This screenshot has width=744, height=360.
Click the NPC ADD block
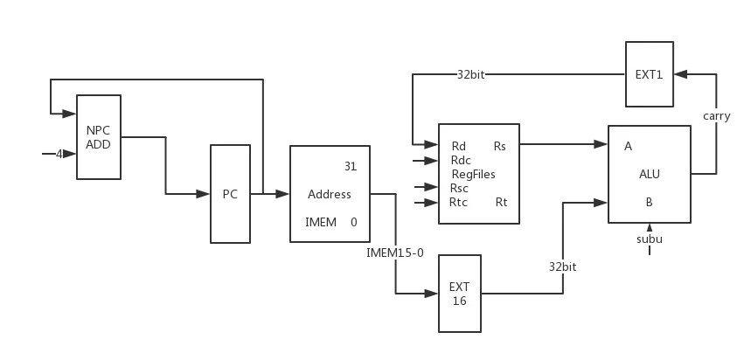(x=98, y=137)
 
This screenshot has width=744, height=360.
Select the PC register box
(x=230, y=194)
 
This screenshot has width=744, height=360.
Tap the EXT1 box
(x=649, y=74)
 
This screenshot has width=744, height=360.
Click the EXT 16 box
(x=459, y=294)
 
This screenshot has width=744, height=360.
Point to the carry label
(x=716, y=115)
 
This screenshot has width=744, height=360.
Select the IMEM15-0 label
(x=395, y=253)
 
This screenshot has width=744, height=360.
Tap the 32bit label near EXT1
(x=470, y=75)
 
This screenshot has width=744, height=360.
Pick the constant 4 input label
(x=59, y=154)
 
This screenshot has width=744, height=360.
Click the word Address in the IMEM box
(x=329, y=194)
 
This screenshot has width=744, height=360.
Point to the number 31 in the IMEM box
(x=351, y=167)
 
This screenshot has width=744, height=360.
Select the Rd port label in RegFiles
(x=458, y=146)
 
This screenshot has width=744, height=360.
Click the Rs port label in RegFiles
(x=500, y=146)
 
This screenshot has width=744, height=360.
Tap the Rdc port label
(x=461, y=160)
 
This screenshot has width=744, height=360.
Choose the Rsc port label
(x=459, y=188)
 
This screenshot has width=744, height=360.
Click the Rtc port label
(x=459, y=203)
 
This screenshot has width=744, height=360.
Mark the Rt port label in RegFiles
(x=501, y=203)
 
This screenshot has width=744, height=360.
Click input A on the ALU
(x=628, y=146)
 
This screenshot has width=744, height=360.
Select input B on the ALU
(x=649, y=202)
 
